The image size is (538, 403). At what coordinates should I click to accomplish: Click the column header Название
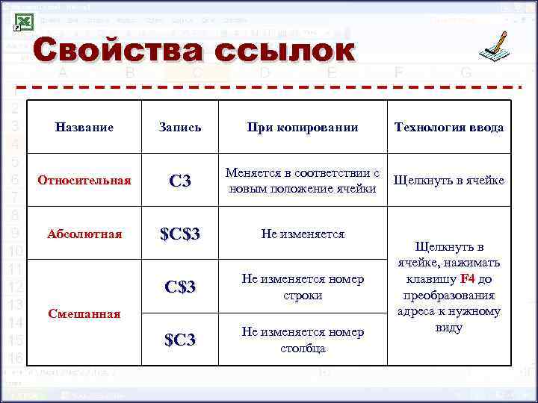click(84, 128)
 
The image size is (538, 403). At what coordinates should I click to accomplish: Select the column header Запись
click(180, 128)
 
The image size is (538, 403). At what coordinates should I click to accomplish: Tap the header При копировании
click(303, 128)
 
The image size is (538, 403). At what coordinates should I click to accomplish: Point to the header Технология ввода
click(448, 128)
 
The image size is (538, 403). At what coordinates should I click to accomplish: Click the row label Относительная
click(84, 181)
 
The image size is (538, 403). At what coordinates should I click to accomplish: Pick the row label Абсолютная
click(84, 234)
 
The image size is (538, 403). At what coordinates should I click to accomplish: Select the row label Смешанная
click(84, 313)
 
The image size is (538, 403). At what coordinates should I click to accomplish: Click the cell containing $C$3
click(180, 234)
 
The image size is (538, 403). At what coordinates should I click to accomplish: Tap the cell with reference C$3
click(180, 287)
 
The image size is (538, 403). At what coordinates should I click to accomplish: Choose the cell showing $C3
click(180, 340)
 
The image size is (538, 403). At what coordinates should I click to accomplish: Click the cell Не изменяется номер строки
click(303, 287)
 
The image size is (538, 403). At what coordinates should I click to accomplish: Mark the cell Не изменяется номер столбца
click(303, 340)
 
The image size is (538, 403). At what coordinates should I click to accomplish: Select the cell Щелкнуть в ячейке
click(448, 181)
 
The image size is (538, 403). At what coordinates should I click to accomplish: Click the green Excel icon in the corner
click(23, 22)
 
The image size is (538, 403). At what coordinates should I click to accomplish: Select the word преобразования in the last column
click(448, 295)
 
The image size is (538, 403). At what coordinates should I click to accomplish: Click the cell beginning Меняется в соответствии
click(303, 181)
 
